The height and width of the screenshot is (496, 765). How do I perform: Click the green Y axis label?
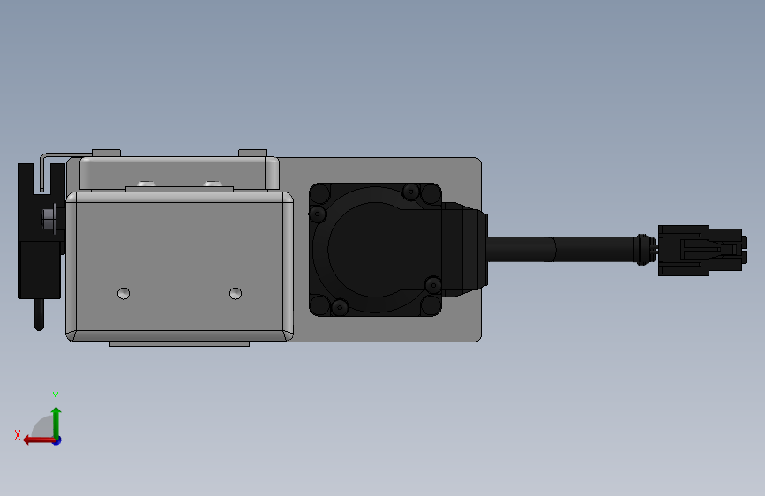point(56,396)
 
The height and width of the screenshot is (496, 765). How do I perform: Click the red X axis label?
point(18,435)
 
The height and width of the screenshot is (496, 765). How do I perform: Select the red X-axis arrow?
point(35,439)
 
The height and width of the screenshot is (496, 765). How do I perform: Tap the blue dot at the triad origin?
point(56,440)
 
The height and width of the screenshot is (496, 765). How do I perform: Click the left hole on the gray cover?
point(124,293)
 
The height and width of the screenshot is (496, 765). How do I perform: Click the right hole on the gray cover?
point(235,293)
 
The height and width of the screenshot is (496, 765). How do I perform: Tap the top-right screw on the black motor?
point(410,192)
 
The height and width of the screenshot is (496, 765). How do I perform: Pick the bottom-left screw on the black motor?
point(339,306)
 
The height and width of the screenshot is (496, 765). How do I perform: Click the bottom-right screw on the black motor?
point(431,284)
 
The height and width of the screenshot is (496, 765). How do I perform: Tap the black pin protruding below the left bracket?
point(39,314)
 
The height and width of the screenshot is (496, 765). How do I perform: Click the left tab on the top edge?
point(106,153)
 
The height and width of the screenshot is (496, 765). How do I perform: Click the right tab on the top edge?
point(252,153)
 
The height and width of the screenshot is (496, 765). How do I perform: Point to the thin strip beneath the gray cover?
point(179,343)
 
